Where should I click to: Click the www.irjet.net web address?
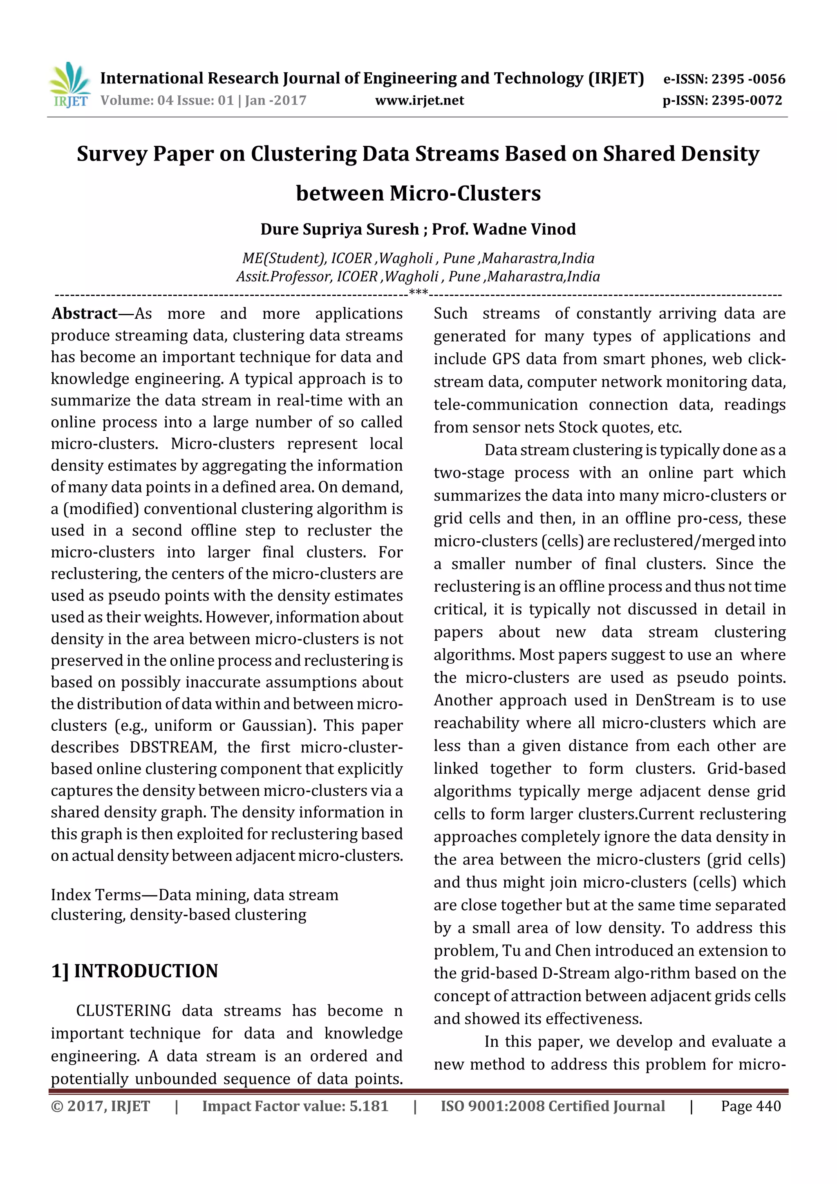[419, 101]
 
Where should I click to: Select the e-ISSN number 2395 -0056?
[748, 79]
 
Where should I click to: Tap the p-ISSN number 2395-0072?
[746, 101]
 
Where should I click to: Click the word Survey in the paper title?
[112, 154]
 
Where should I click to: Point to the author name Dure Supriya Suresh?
[339, 229]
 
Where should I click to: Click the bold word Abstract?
[85, 313]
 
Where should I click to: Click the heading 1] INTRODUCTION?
[134, 971]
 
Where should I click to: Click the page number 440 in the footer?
[768, 1106]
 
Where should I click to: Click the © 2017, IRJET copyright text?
[100, 1106]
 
